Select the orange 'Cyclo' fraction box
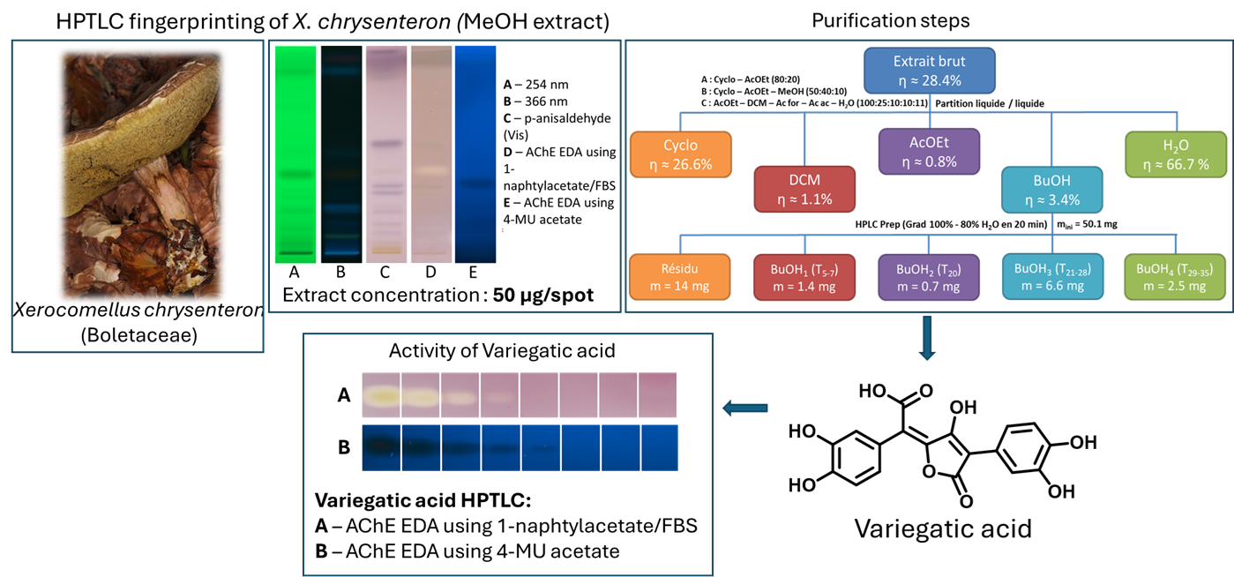click(680, 154)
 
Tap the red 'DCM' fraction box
click(805, 189)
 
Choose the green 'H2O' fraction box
click(1176, 154)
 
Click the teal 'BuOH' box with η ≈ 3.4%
click(1051, 189)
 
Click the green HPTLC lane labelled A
click(295, 150)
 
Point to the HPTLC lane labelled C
click(385, 150)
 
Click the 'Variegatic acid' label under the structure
click(942, 529)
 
